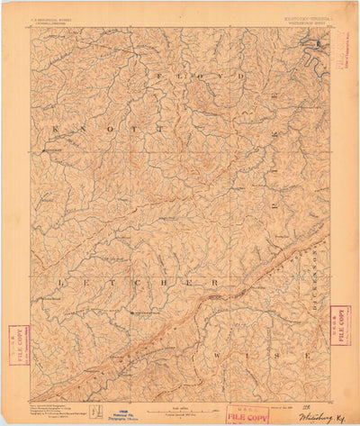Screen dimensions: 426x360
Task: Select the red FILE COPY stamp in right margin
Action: [339, 325]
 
